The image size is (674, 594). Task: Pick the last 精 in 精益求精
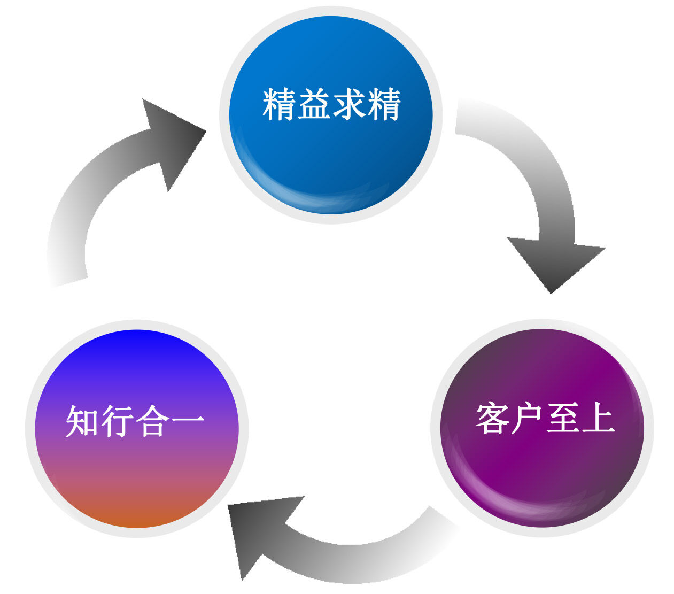[x=384, y=104]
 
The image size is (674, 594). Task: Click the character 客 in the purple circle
[x=492, y=418]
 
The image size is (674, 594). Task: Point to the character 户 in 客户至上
[x=527, y=418]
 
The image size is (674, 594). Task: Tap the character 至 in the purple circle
[x=562, y=418]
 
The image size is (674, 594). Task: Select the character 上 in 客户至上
[x=597, y=418]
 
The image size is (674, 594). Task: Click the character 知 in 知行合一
[x=83, y=421]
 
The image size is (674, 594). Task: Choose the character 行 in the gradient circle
[x=118, y=421]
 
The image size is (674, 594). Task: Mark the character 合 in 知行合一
[x=152, y=421]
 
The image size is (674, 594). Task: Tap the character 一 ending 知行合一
[x=187, y=421]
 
